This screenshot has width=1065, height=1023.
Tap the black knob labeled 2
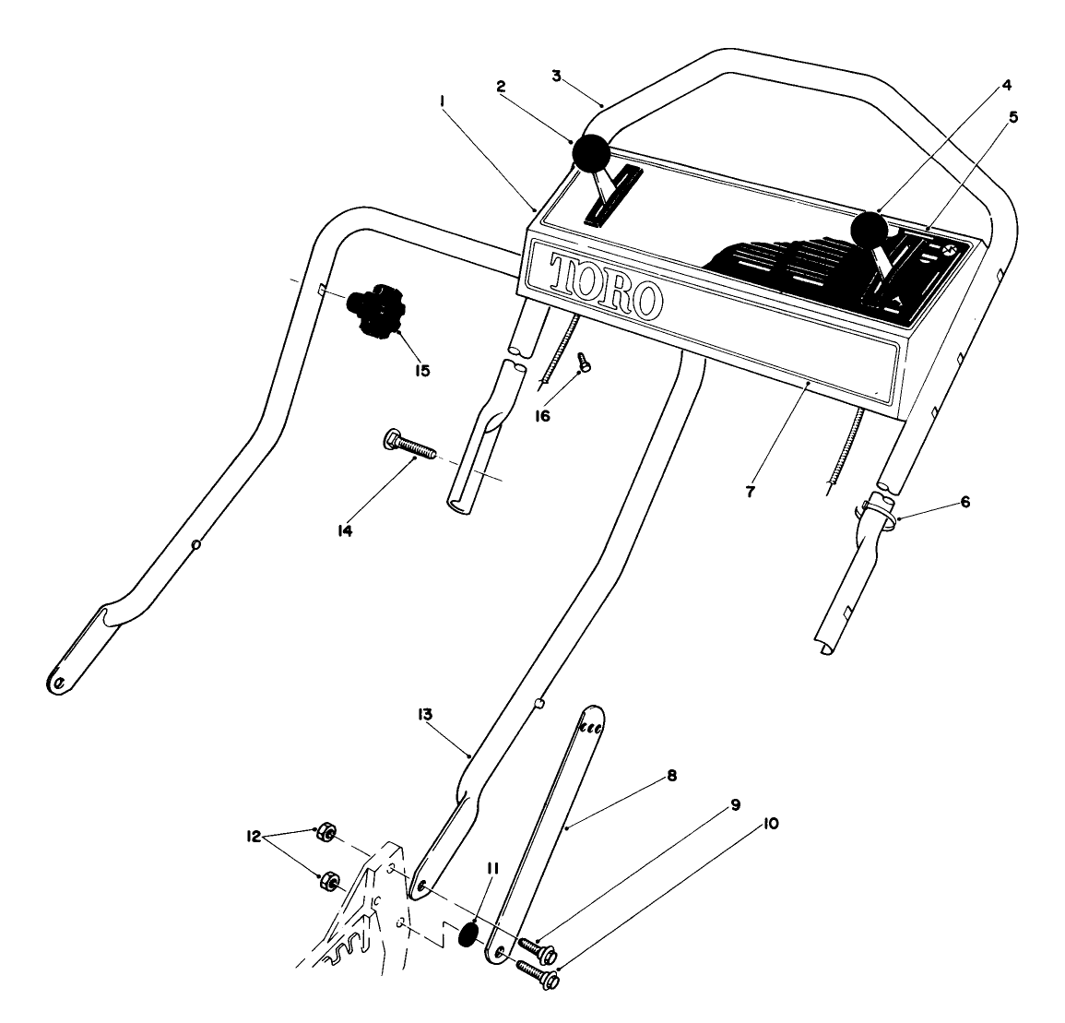point(590,152)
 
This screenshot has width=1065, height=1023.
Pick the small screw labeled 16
point(583,363)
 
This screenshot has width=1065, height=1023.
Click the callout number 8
point(671,776)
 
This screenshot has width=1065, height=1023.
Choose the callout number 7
point(751,493)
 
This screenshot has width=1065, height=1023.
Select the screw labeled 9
point(536,946)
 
